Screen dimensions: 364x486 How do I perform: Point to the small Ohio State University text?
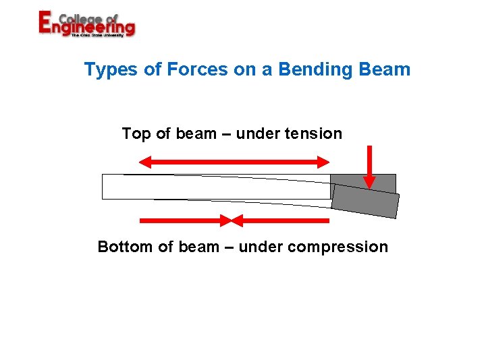(x=97, y=35)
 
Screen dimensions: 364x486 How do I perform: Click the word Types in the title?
(x=111, y=69)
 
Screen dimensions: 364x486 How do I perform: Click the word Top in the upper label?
(x=136, y=133)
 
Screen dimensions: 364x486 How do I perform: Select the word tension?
(x=313, y=133)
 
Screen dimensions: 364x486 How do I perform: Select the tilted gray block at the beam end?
(x=366, y=201)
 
